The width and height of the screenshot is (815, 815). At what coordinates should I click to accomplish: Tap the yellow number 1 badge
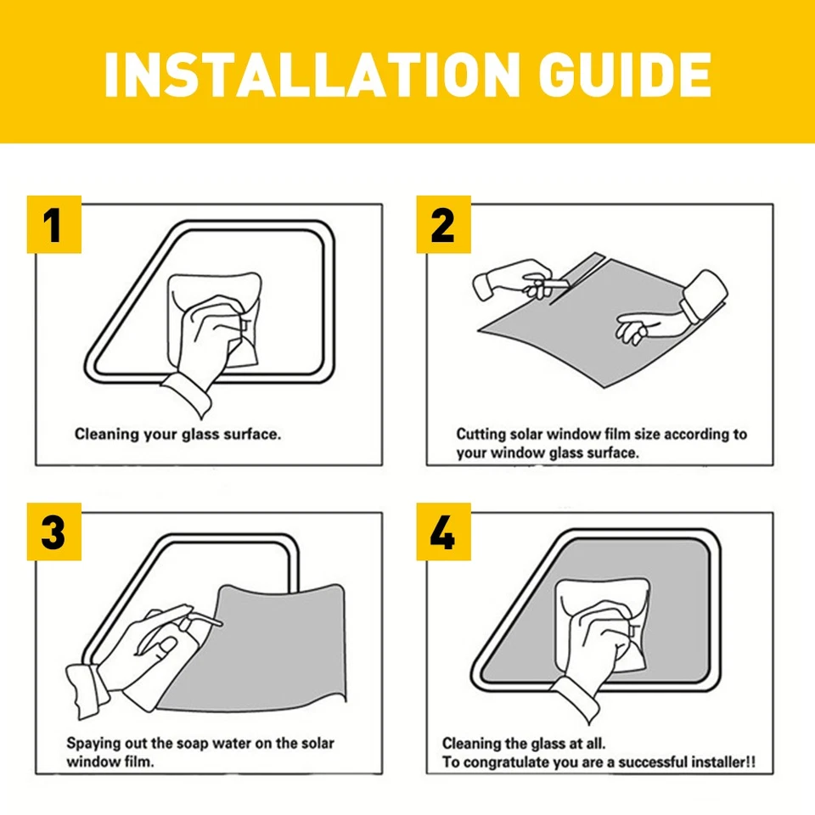(x=53, y=225)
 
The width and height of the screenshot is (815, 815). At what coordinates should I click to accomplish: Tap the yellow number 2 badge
(x=443, y=225)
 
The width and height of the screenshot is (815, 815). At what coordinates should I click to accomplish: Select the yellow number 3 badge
(x=53, y=533)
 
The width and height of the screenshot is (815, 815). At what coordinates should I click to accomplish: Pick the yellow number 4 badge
(x=443, y=533)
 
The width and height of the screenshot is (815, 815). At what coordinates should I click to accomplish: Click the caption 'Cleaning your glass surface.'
(x=177, y=434)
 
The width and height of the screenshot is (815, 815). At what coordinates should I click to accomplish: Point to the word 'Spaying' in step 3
(x=93, y=743)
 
